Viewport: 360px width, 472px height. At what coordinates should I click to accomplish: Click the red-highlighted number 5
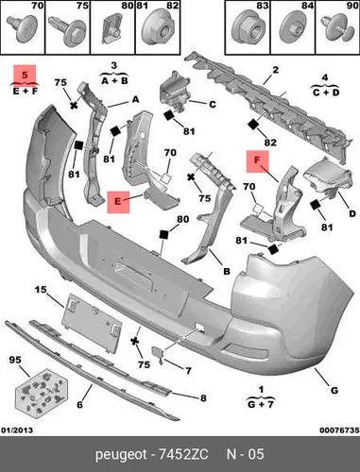coord(25,75)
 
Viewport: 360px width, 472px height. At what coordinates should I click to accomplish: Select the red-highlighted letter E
coord(118,201)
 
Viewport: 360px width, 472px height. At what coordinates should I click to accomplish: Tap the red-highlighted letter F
coord(257,160)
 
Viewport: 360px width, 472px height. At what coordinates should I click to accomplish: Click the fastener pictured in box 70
coord(23,29)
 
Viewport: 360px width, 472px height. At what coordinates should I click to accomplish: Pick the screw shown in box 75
coord(67,31)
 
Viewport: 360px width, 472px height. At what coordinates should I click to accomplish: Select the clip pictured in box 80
coord(111,28)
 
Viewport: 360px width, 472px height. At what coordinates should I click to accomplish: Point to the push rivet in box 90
coord(335,29)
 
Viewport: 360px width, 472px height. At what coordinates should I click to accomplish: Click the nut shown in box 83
coord(248,29)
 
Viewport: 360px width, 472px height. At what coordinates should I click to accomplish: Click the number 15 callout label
coord(41,290)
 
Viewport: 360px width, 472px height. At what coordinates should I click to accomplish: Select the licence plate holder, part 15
coord(92,322)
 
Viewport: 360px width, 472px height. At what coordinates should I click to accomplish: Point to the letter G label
coord(334,391)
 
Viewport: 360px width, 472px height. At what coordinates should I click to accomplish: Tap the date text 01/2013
coord(17,430)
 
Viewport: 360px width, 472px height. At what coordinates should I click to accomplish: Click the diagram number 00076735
coord(339,430)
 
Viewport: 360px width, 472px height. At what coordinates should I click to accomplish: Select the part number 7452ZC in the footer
coord(183,454)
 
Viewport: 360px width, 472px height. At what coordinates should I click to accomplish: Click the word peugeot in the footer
coord(121,455)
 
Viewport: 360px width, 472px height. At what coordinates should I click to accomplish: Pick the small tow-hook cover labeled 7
coord(158,353)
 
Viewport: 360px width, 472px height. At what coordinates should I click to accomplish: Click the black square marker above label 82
coord(253,125)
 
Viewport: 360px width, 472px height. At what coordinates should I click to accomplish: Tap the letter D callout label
coord(352,213)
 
